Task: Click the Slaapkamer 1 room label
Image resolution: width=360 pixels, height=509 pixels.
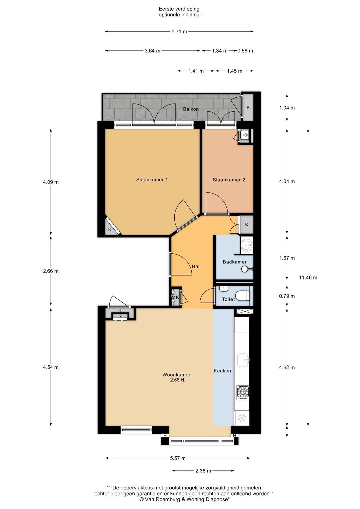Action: click(x=152, y=180)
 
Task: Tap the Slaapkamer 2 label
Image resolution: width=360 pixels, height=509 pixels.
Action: click(x=229, y=180)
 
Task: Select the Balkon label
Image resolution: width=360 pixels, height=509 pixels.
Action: click(x=191, y=109)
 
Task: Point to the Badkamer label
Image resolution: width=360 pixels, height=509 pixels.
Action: click(x=234, y=262)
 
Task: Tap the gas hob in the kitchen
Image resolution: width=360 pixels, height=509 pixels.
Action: click(x=243, y=393)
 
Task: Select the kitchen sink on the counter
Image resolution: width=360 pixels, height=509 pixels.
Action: click(x=243, y=360)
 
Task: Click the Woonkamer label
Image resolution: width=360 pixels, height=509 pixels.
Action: click(x=176, y=375)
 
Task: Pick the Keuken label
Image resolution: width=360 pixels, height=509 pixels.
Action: click(x=222, y=371)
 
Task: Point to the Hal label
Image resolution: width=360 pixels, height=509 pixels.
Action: click(x=196, y=266)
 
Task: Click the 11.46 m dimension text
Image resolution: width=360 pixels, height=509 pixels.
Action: click(x=308, y=278)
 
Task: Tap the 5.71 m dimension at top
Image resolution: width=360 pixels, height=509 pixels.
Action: click(x=179, y=32)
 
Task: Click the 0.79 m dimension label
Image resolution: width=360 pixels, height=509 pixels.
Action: click(x=287, y=296)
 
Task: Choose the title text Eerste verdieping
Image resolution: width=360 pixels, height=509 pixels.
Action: click(x=179, y=9)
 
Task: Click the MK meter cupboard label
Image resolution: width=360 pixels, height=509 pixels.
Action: click(x=176, y=297)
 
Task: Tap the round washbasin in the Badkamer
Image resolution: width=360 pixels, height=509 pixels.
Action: click(x=247, y=246)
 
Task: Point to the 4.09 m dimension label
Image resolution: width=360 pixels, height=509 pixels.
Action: click(x=51, y=182)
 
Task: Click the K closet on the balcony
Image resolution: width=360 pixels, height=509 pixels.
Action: click(x=248, y=108)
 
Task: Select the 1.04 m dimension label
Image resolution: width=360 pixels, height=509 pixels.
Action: click(x=287, y=108)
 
